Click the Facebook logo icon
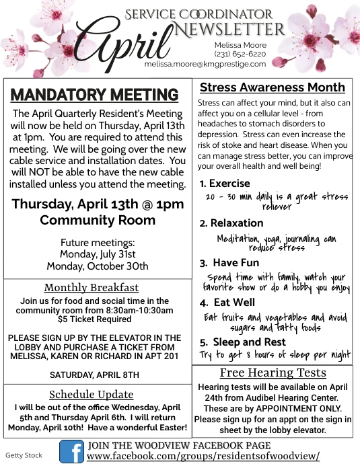tap(71, 451)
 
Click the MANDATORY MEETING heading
tap(95, 95)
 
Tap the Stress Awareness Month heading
tap(272, 87)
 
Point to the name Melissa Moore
tap(235, 44)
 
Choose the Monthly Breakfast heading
tap(92, 288)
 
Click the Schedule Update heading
tap(92, 394)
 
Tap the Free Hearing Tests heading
tap(273, 373)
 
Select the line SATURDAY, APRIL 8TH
tap(95, 374)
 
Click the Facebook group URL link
tap(203, 457)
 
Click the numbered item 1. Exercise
tap(225, 183)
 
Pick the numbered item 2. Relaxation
tap(231, 223)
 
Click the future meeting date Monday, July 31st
tap(98, 254)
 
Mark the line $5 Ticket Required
tap(94, 319)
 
